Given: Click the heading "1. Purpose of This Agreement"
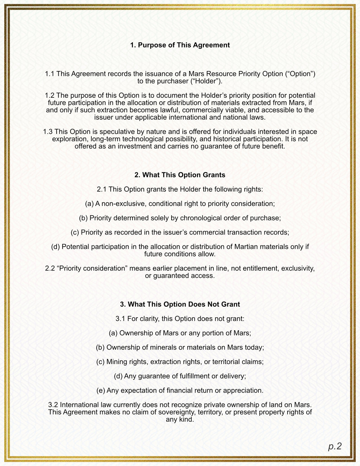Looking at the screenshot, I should coord(180,45).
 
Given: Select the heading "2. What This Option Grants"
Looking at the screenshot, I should coord(180,175).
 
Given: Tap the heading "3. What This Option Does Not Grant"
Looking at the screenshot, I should coord(180,304).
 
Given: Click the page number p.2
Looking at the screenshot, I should coord(335,446).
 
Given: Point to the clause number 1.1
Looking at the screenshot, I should coord(50,74).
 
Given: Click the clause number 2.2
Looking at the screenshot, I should coord(50,268).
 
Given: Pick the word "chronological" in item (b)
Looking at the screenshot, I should coord(201,218).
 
